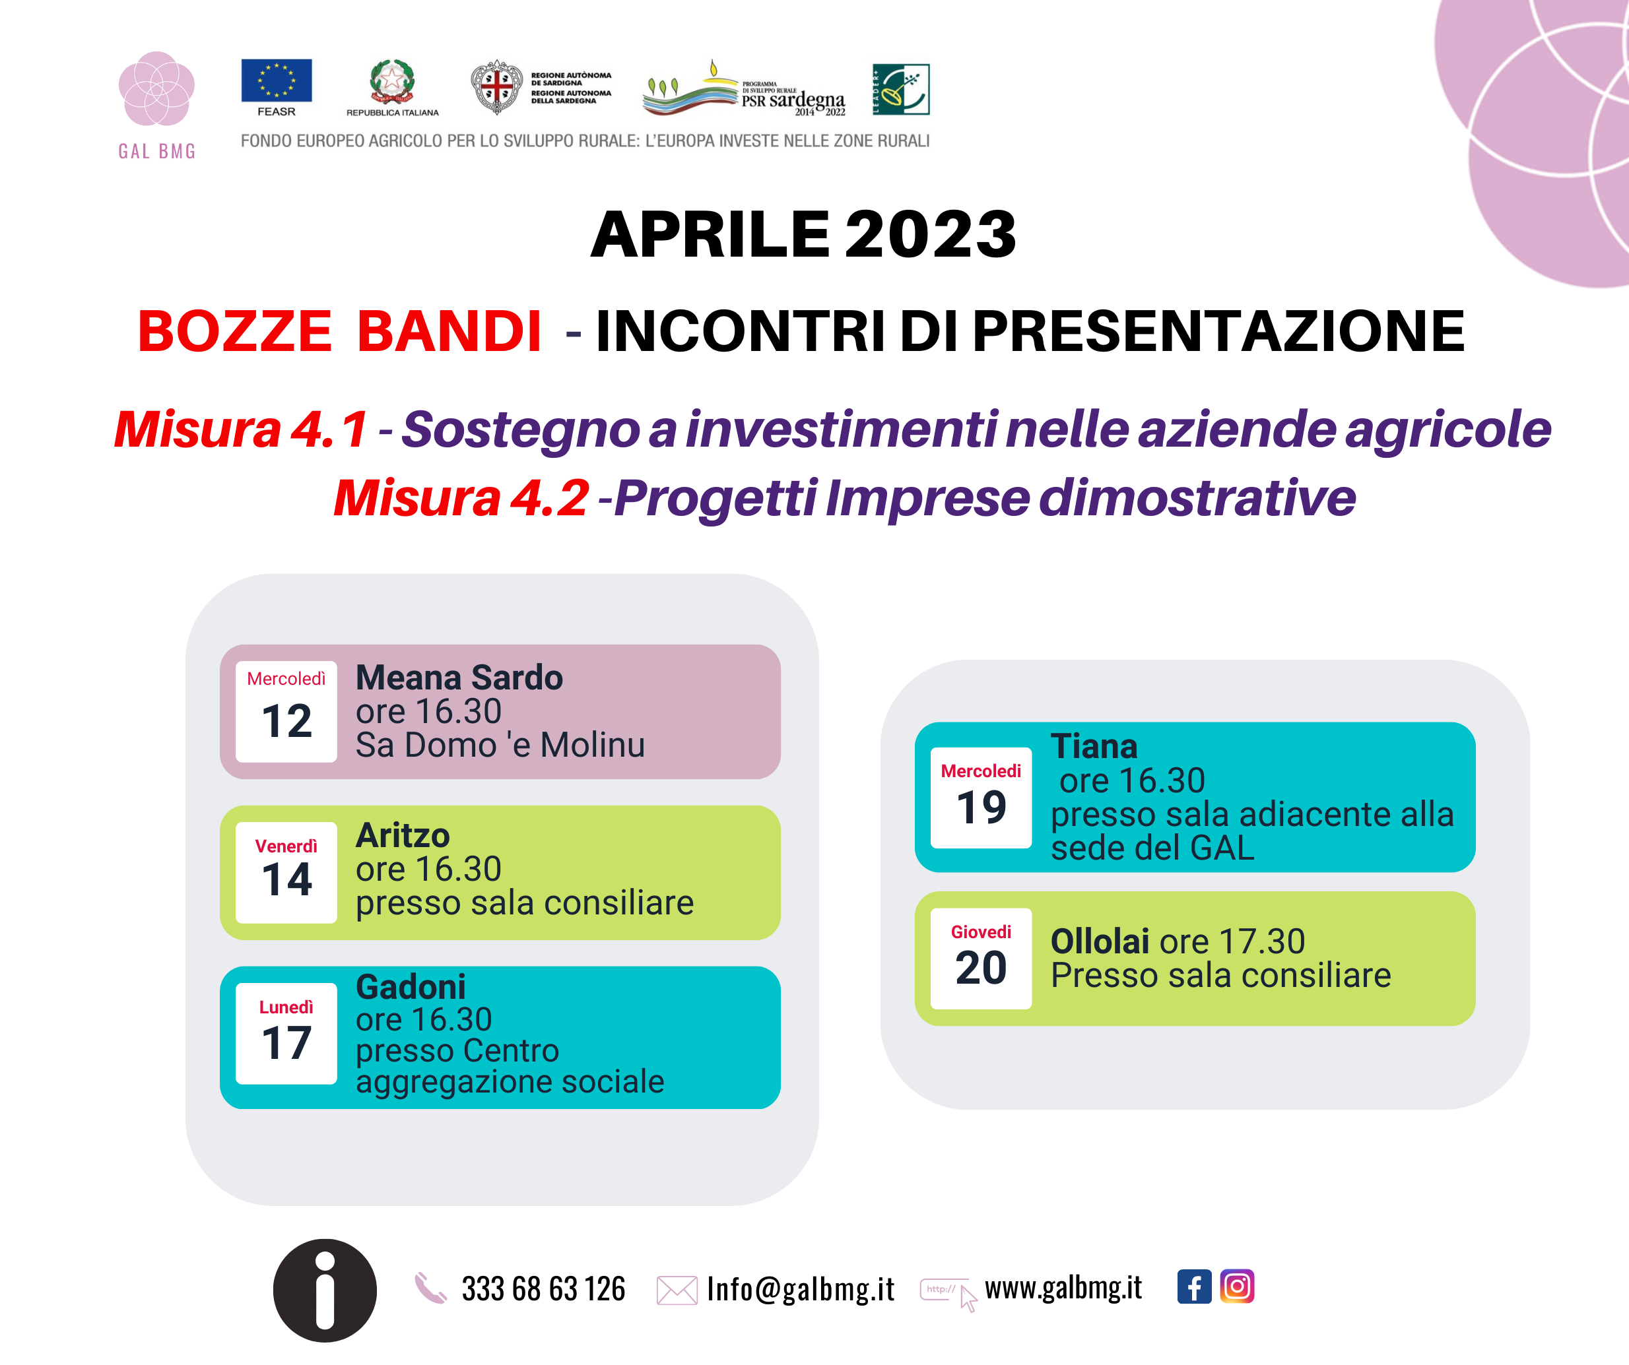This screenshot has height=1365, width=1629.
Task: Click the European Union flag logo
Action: (276, 80)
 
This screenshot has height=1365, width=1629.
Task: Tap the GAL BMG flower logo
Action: (156, 88)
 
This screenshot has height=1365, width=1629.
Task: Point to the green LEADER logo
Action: (900, 89)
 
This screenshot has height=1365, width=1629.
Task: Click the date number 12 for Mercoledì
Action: (286, 721)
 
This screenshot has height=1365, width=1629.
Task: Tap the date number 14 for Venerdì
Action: (286, 879)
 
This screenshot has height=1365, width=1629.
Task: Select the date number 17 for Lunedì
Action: (286, 1042)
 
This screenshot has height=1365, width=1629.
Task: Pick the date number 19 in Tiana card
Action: (981, 808)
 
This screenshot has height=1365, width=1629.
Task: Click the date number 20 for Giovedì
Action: (981, 968)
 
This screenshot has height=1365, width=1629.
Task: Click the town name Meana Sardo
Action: (459, 678)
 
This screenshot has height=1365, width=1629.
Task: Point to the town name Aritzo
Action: (403, 835)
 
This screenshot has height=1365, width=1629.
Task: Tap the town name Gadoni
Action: (411, 986)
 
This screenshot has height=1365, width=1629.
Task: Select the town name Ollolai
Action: (1099, 941)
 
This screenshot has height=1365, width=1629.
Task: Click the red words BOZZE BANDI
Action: (340, 331)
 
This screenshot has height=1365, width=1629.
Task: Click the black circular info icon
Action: (325, 1290)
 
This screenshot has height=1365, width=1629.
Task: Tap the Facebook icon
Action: (1194, 1286)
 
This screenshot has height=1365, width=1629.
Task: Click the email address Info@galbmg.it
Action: (801, 1289)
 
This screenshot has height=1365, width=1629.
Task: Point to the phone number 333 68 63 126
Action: (543, 1289)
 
